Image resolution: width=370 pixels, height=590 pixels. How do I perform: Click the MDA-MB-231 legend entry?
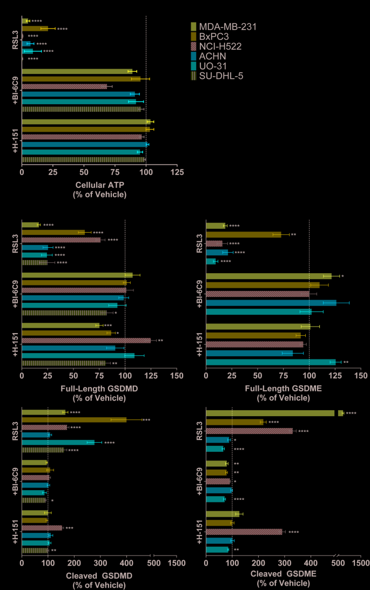point(227,26)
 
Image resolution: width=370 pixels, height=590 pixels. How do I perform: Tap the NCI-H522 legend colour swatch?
point(193,46)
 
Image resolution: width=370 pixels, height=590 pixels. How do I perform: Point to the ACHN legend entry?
point(212,56)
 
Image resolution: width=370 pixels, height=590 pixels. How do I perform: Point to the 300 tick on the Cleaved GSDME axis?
point(285,562)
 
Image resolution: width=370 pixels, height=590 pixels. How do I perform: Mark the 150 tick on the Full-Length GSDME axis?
point(360,376)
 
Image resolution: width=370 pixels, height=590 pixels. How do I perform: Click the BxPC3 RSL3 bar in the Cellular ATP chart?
point(35,29)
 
